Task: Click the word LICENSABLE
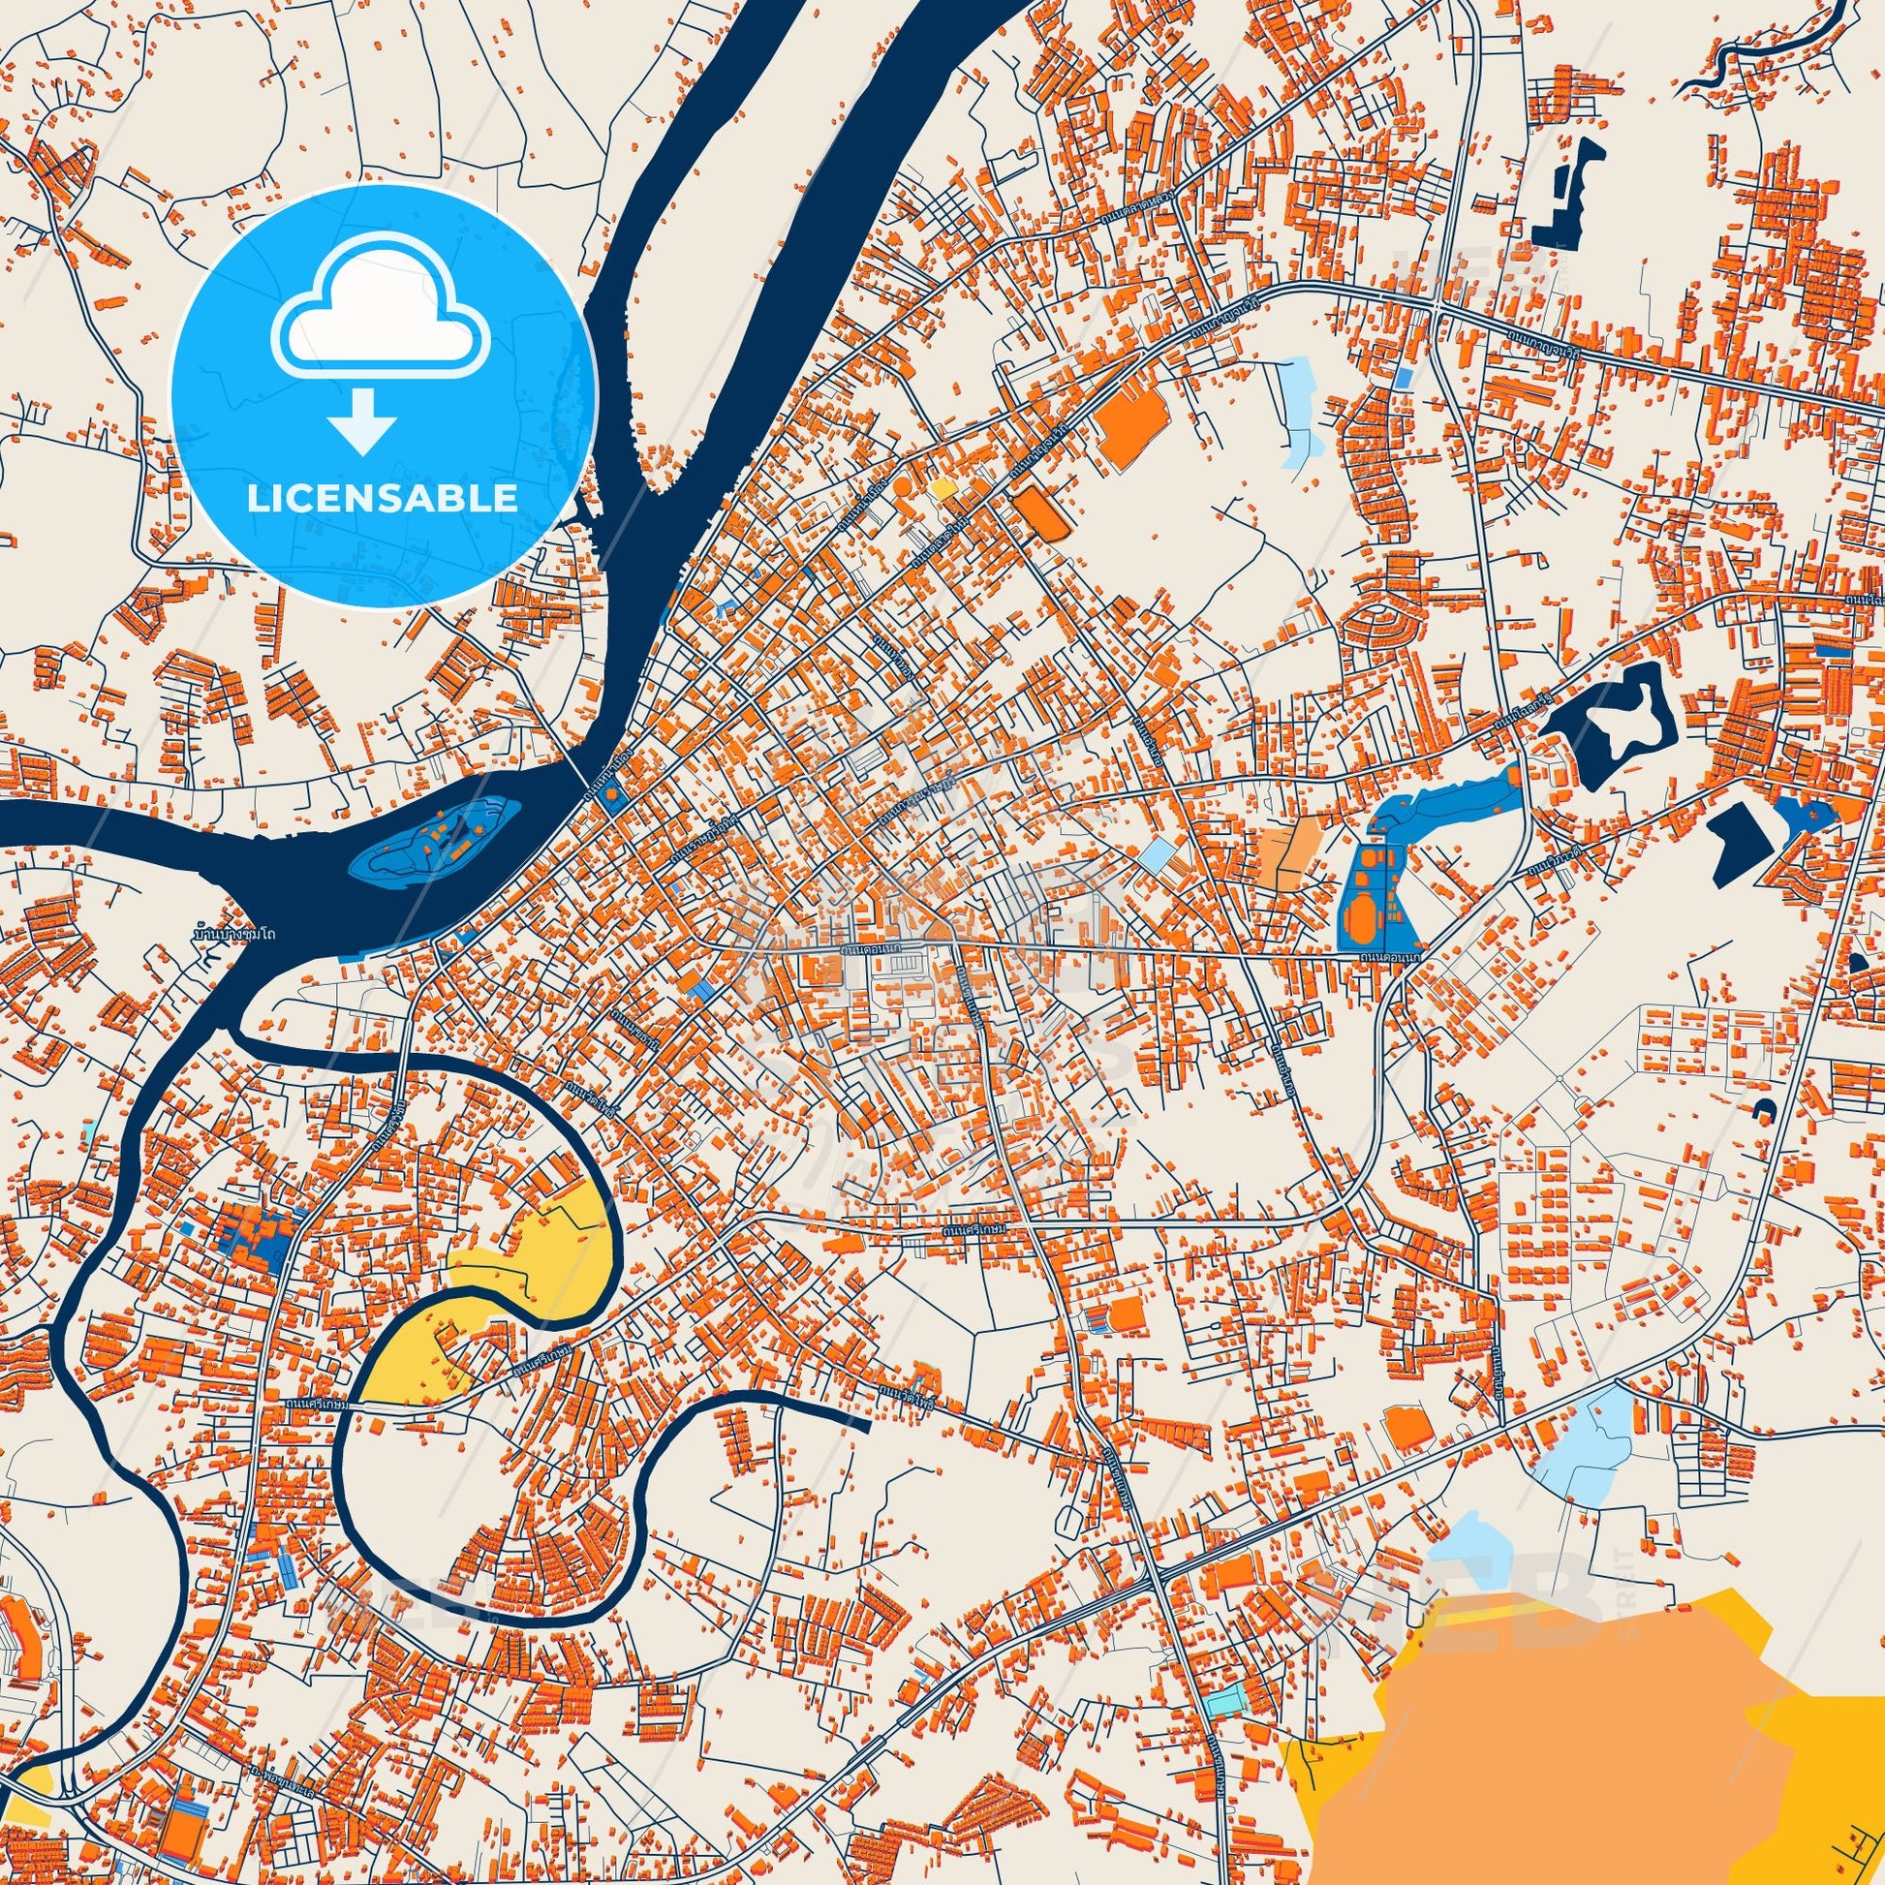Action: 383,499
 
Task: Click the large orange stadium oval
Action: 1362,915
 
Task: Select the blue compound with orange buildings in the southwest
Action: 256,1236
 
